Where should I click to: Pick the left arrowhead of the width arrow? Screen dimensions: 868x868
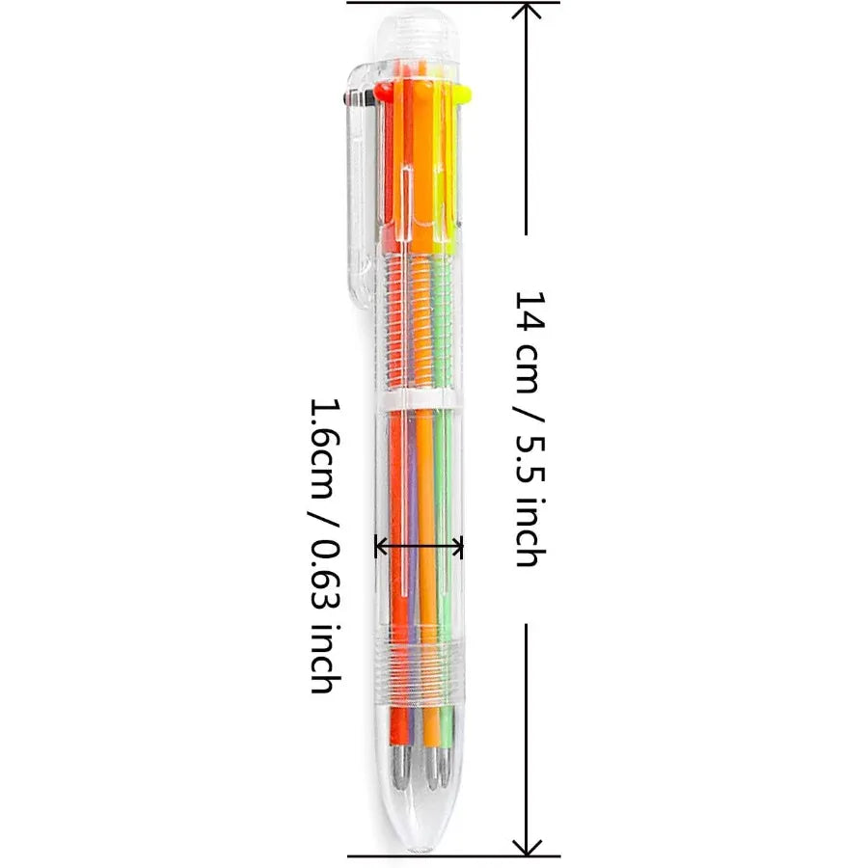click(379, 547)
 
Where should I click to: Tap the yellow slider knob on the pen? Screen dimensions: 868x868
click(463, 93)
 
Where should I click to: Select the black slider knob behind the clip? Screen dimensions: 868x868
click(349, 96)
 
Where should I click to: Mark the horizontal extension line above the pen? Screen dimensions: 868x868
click(453, 3)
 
